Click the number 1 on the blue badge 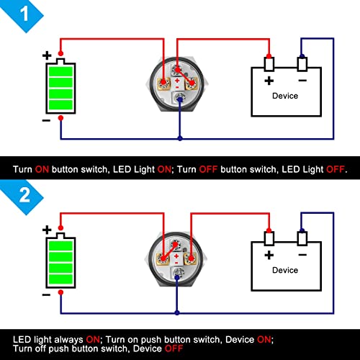[x=24, y=14]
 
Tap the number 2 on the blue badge [x=24, y=195]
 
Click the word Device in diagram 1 [x=285, y=96]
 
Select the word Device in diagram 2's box [x=285, y=270]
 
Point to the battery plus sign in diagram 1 [x=47, y=55]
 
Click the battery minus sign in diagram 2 [x=46, y=294]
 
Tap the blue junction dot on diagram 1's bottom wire [x=180, y=138]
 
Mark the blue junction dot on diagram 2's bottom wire [x=177, y=312]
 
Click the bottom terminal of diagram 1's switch [x=179, y=98]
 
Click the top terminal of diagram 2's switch [x=176, y=246]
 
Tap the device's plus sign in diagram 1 [x=269, y=81]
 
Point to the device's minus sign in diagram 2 [x=302, y=255]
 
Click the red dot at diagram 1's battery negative [x=60, y=118]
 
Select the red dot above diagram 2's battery [x=60, y=228]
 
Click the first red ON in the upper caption [x=42, y=169]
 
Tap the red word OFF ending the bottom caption [x=174, y=348]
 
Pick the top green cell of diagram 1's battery [x=60, y=72]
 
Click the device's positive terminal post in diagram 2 [x=269, y=238]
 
